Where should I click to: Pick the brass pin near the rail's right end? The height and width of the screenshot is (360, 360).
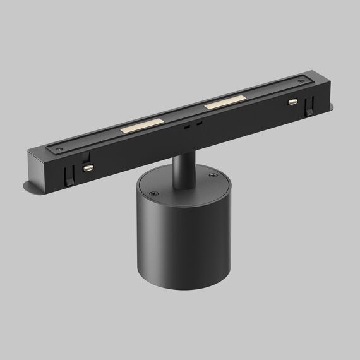click(292, 101)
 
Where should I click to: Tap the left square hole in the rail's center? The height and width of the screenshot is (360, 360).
click(188, 126)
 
